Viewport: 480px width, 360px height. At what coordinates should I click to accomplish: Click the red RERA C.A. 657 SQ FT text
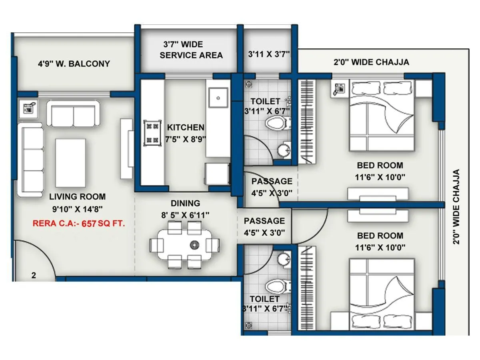click(79, 224)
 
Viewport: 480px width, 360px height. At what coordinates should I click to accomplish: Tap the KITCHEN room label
click(186, 128)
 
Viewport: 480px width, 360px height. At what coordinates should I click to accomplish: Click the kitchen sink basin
click(218, 97)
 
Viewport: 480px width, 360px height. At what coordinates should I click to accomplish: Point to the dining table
click(184, 244)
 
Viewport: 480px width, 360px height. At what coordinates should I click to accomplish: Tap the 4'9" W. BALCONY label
click(74, 64)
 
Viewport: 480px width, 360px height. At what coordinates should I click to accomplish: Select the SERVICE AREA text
click(191, 55)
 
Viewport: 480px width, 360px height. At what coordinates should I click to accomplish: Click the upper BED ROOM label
click(380, 165)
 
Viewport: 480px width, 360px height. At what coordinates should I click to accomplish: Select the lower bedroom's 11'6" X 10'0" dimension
click(380, 248)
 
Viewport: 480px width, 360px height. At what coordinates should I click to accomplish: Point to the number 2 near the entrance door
click(34, 275)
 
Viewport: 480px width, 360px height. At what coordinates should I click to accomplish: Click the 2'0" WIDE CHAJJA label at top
click(371, 62)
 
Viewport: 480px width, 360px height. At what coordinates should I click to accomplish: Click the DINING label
click(185, 203)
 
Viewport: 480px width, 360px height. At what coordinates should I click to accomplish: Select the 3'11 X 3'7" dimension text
click(268, 54)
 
